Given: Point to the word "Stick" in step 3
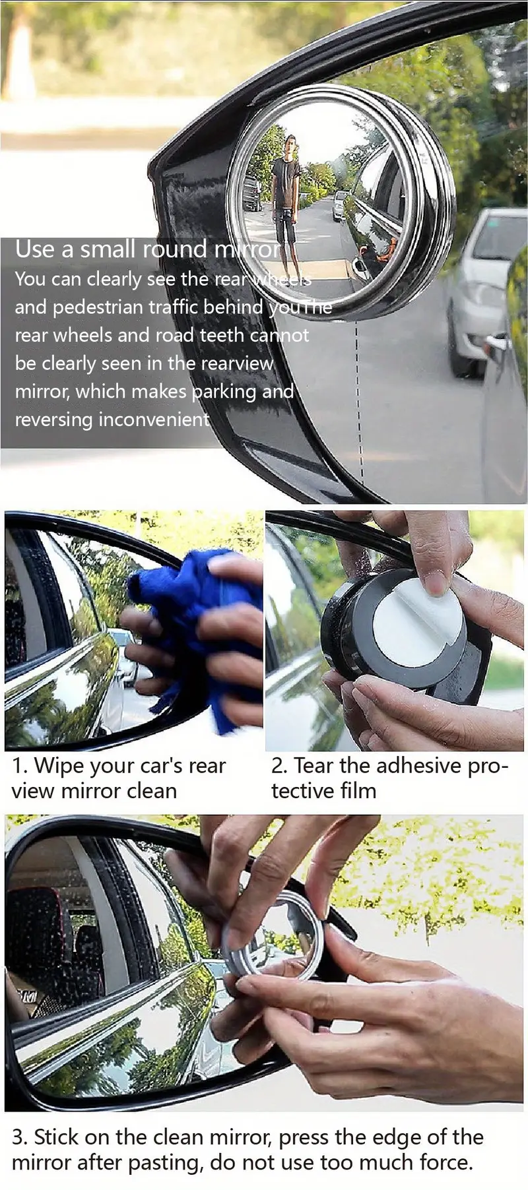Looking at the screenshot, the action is (57, 1137).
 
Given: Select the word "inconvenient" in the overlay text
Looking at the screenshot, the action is (154, 419).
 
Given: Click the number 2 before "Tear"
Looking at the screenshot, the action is (279, 766).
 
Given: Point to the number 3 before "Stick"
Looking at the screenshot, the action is (19, 1137).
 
